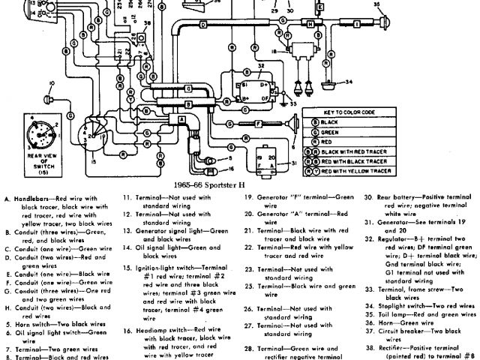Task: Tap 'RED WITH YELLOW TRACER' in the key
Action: (357, 170)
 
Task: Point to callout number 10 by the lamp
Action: (52, 82)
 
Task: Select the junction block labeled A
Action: (181, 120)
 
